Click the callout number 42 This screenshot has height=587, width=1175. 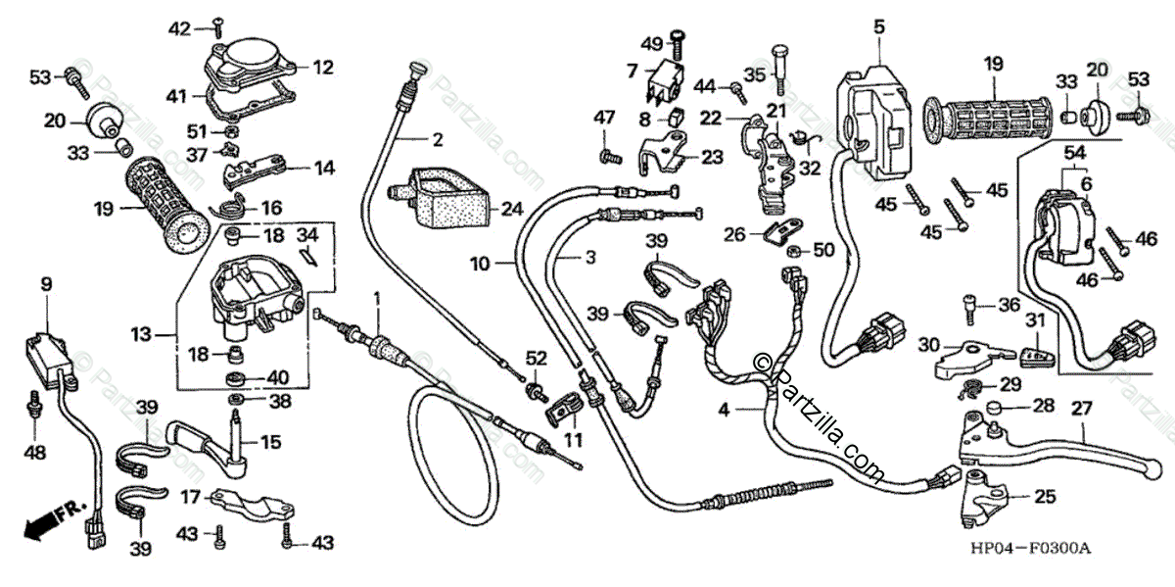tap(178, 28)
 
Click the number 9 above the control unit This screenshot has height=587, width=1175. tap(46, 284)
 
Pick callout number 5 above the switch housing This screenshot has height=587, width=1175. tap(878, 26)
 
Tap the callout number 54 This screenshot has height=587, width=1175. tap(1074, 154)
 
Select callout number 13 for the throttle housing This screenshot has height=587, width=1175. tap(141, 335)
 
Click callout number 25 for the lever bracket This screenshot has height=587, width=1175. tap(1045, 497)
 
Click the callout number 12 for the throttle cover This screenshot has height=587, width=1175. tap(323, 68)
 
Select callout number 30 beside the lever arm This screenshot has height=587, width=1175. tap(929, 345)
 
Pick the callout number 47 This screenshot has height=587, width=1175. tap(604, 118)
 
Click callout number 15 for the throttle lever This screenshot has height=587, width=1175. tap(269, 442)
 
